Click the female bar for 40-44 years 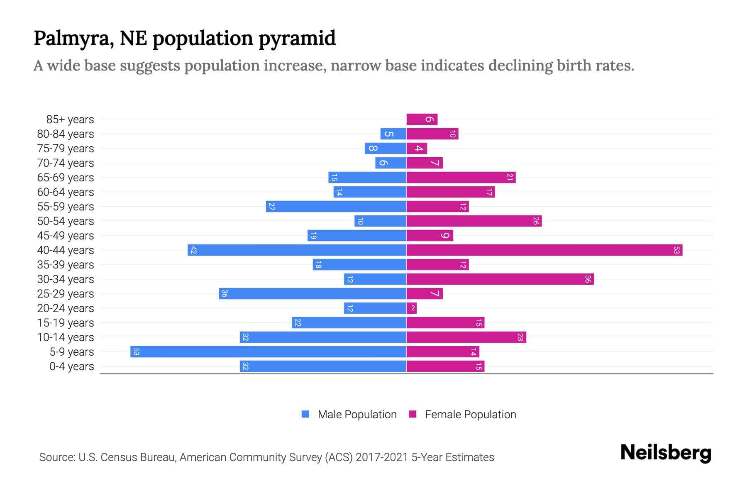point(544,250)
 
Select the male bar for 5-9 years point(268,352)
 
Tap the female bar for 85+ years point(422,120)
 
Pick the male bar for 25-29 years point(312,294)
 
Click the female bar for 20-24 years point(411,308)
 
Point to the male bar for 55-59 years point(336,207)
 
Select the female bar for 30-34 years point(500,279)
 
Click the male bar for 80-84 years point(393,134)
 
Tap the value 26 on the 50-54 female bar point(536,221)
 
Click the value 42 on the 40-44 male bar point(193,250)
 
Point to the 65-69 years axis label point(66,178)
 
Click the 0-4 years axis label point(71,366)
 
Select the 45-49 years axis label point(66,236)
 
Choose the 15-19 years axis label point(66,323)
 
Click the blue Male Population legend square point(305,414)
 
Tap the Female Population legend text point(470,415)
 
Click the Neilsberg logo point(666,453)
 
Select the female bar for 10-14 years point(466,337)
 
